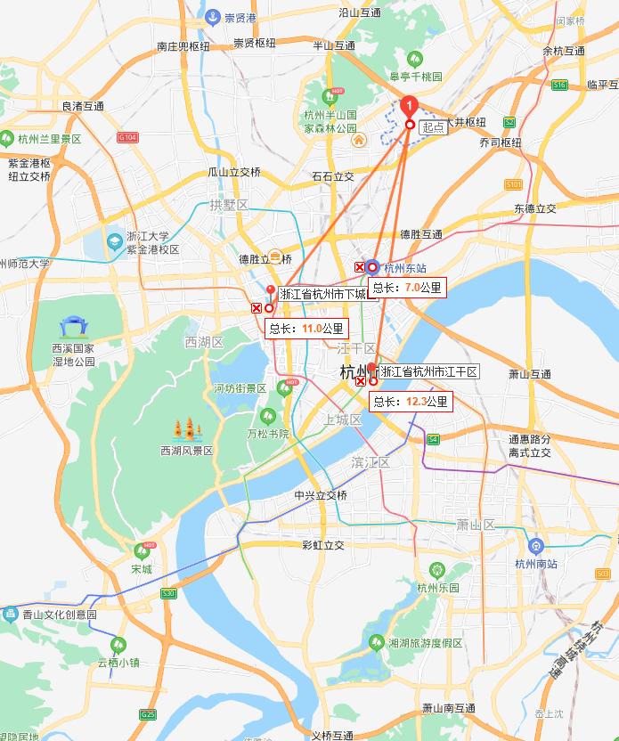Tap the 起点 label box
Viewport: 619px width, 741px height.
pyautogui.click(x=433, y=127)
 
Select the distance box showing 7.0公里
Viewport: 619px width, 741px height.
pyautogui.click(x=406, y=288)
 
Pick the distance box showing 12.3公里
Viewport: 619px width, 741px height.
pyautogui.click(x=410, y=403)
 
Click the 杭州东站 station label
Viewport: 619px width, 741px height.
pyautogui.click(x=405, y=267)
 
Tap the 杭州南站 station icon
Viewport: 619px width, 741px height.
pyautogui.click(x=535, y=546)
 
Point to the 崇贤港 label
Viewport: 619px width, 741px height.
pyautogui.click(x=240, y=17)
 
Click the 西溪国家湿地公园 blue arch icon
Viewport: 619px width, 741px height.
pyautogui.click(x=70, y=328)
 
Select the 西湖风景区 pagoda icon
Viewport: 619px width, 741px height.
pyautogui.click(x=188, y=431)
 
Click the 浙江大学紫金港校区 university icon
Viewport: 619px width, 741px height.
pyautogui.click(x=114, y=241)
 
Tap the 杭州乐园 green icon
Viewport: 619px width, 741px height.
pyautogui.click(x=436, y=570)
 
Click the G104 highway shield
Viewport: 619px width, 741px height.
pyautogui.click(x=128, y=137)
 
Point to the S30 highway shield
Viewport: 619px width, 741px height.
pyautogui.click(x=168, y=593)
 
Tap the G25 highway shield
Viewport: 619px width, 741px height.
pyautogui.click(x=148, y=714)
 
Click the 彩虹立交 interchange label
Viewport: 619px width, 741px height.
pyautogui.click(x=322, y=545)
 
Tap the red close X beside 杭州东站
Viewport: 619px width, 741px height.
pyautogui.click(x=360, y=267)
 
